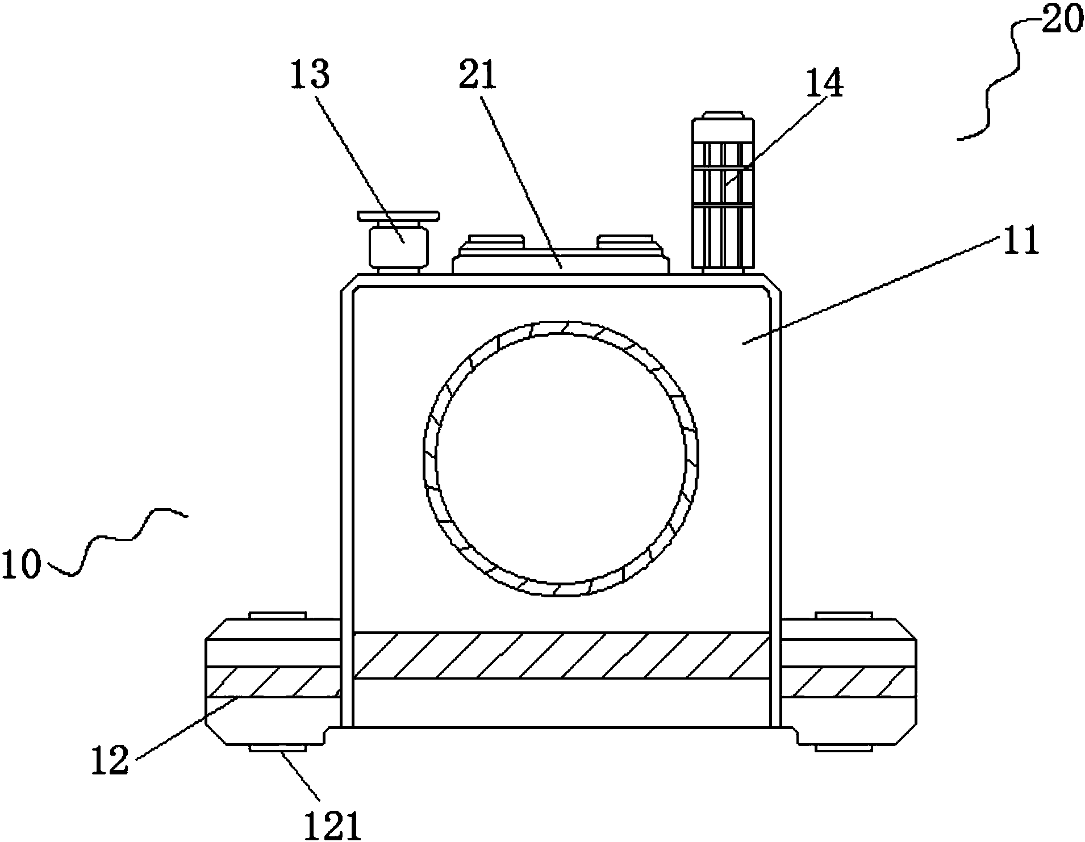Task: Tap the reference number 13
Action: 310,74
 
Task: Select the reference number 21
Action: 478,76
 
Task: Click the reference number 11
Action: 1021,241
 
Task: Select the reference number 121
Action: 333,826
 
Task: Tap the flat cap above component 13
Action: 398,216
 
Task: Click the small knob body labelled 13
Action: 398,248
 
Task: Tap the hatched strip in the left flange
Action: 273,682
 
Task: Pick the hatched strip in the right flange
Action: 848,682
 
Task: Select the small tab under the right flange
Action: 844,748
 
